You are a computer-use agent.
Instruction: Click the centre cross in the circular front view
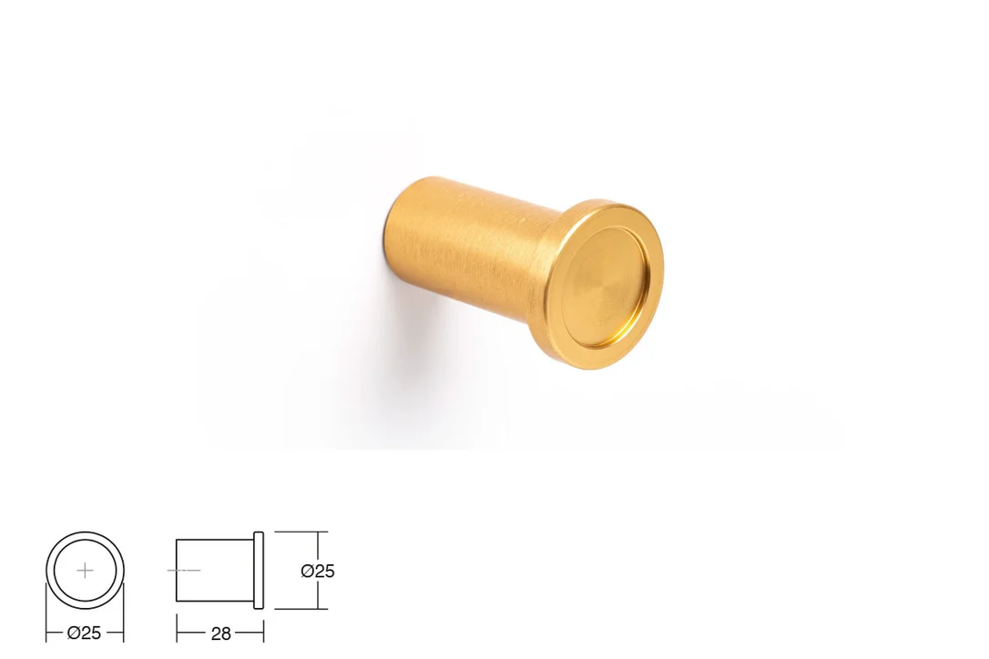click(85, 571)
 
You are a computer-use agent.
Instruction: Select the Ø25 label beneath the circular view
click(84, 633)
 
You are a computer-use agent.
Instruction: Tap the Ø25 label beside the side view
click(318, 571)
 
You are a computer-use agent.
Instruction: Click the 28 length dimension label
click(220, 634)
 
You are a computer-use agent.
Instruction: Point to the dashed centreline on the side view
click(184, 570)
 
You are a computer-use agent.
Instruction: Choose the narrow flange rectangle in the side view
click(259, 570)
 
